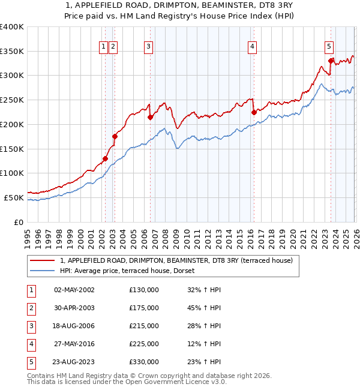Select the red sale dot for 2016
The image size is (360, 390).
[254, 112]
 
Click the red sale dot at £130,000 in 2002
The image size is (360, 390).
[105, 159]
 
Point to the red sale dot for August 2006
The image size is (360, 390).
[151, 117]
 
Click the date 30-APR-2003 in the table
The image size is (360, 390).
[74, 308]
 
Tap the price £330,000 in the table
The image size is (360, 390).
[144, 362]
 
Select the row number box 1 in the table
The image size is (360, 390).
[31, 290]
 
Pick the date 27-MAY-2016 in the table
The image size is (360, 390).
[74, 344]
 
